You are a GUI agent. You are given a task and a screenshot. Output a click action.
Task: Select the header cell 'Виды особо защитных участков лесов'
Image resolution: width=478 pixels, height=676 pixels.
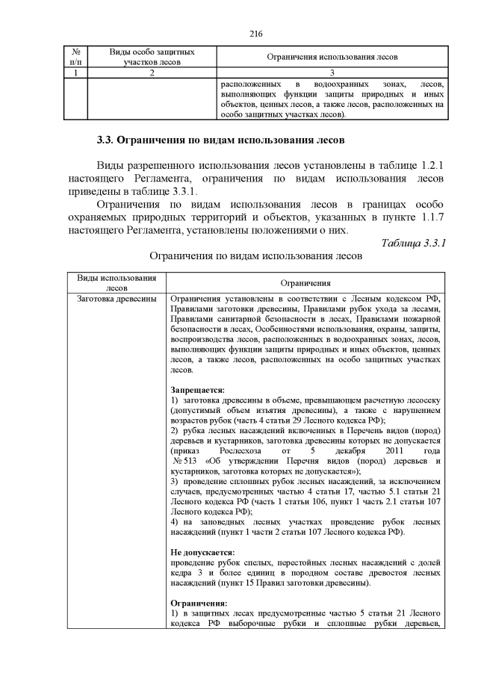pyautogui.click(x=152, y=57)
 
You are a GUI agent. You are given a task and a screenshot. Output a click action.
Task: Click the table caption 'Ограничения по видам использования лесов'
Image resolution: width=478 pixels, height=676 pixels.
pyautogui.click(x=256, y=257)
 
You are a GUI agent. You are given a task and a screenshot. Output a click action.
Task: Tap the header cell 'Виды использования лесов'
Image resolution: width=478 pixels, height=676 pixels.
pyautogui.click(x=117, y=282)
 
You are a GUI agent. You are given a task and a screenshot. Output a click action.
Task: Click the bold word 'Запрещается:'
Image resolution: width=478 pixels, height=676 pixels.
pyautogui.click(x=197, y=390)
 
